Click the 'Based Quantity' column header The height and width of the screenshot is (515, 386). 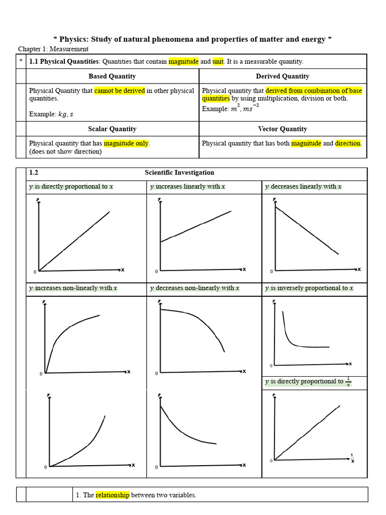[x=112, y=76]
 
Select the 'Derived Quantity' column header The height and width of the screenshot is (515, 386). [x=282, y=76]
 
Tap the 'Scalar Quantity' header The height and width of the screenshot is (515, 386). [x=112, y=129]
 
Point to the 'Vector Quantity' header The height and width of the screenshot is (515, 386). [x=282, y=129]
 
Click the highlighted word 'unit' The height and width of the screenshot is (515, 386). [x=218, y=62]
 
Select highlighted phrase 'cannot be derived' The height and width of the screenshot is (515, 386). [x=120, y=91]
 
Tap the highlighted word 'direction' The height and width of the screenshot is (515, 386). [x=348, y=143]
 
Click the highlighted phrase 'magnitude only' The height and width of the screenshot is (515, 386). [x=126, y=143]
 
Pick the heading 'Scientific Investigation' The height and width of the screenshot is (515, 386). [x=179, y=173]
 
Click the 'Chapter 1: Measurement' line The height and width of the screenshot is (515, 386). [x=53, y=49]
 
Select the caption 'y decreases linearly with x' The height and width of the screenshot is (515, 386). [x=304, y=187]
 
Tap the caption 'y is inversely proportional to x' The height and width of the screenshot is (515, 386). [x=309, y=288]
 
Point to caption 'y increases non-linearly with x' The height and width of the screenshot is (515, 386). [x=73, y=288]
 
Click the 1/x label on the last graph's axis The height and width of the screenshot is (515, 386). [x=352, y=458]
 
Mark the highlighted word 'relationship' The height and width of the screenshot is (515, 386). [x=113, y=495]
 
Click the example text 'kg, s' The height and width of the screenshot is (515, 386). [x=65, y=114]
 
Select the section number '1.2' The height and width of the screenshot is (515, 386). [x=34, y=173]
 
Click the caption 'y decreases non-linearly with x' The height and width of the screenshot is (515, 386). [x=195, y=288]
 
